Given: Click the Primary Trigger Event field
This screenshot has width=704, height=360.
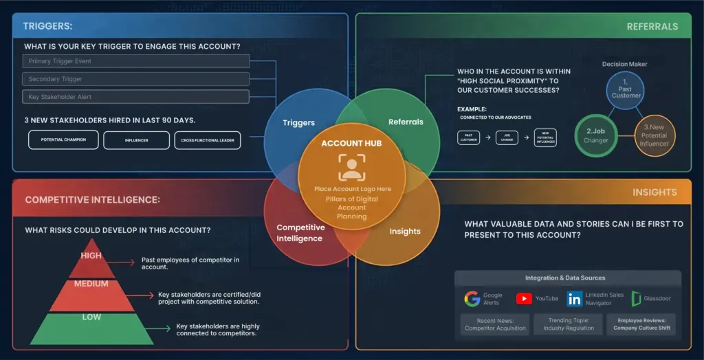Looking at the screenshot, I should click(135, 61).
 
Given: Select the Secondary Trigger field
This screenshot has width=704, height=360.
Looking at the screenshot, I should click(135, 79).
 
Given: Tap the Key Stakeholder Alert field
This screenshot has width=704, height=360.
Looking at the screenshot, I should click(135, 97).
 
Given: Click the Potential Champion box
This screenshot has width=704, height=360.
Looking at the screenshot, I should click(63, 140).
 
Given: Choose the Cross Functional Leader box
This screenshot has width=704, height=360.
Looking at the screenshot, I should click(207, 140).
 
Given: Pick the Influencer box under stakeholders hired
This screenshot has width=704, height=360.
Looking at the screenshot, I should click(136, 140).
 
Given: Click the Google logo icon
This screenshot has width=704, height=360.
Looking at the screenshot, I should click(472, 299).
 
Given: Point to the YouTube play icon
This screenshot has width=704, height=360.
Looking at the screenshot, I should click(524, 299).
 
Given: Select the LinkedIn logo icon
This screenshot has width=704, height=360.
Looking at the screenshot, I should click(574, 299).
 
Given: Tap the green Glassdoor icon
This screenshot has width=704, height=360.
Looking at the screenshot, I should click(637, 299).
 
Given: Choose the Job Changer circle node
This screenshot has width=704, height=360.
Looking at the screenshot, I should click(596, 135).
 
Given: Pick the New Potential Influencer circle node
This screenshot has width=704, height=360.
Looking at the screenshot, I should click(654, 135).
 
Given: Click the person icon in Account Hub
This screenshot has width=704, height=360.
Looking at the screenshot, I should click(351, 167).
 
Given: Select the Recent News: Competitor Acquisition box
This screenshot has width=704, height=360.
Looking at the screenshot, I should click(495, 324).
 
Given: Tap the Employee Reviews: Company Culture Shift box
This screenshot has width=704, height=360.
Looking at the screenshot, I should click(641, 324).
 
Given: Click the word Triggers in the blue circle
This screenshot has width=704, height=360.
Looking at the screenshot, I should click(298, 123).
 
